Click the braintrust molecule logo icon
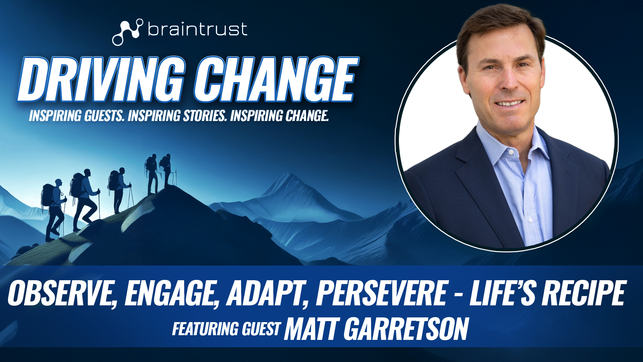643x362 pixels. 127,32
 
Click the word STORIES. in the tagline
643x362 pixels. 205,116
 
